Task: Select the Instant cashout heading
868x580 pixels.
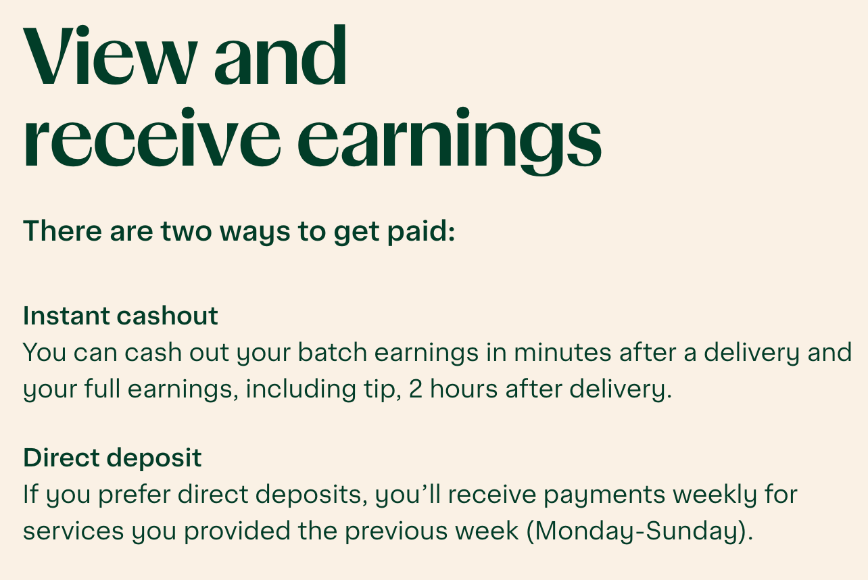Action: pyautogui.click(x=120, y=316)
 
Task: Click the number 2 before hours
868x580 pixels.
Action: pyautogui.click(x=415, y=390)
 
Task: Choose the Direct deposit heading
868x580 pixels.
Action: pyautogui.click(x=112, y=458)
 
